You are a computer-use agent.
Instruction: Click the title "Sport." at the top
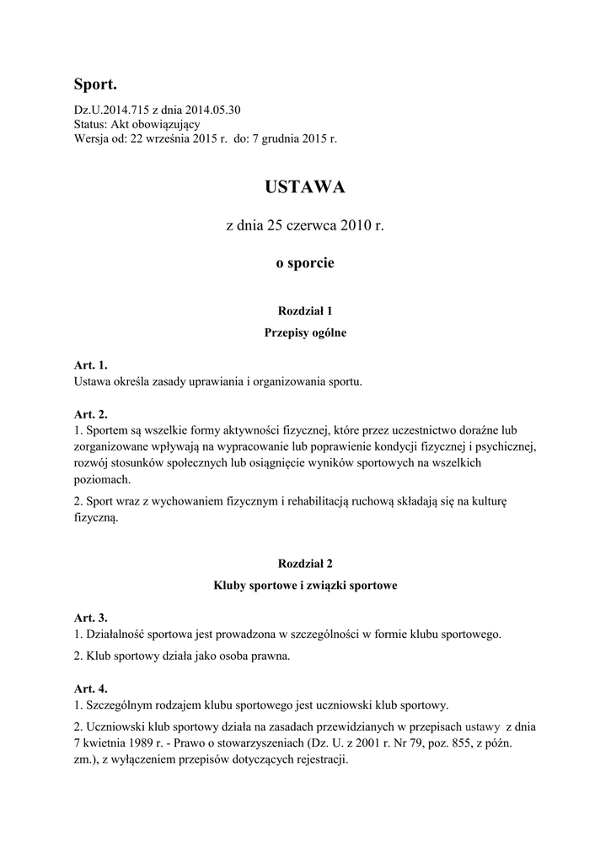pos(94,84)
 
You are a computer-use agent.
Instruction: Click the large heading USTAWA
pos(305,187)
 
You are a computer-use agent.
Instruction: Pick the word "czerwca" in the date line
pos(293,226)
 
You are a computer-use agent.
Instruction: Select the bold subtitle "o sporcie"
pos(305,263)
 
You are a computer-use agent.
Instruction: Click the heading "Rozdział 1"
pos(305,311)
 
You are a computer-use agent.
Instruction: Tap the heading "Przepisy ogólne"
pos(305,332)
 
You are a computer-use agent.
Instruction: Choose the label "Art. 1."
pos(91,365)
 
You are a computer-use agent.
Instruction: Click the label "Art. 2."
pos(91,414)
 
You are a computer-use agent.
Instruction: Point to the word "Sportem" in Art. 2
pos(105,429)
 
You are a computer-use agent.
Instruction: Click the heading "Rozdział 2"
pos(305,563)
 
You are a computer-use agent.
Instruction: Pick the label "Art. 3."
pos(91,618)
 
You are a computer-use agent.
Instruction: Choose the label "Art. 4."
pos(91,688)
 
